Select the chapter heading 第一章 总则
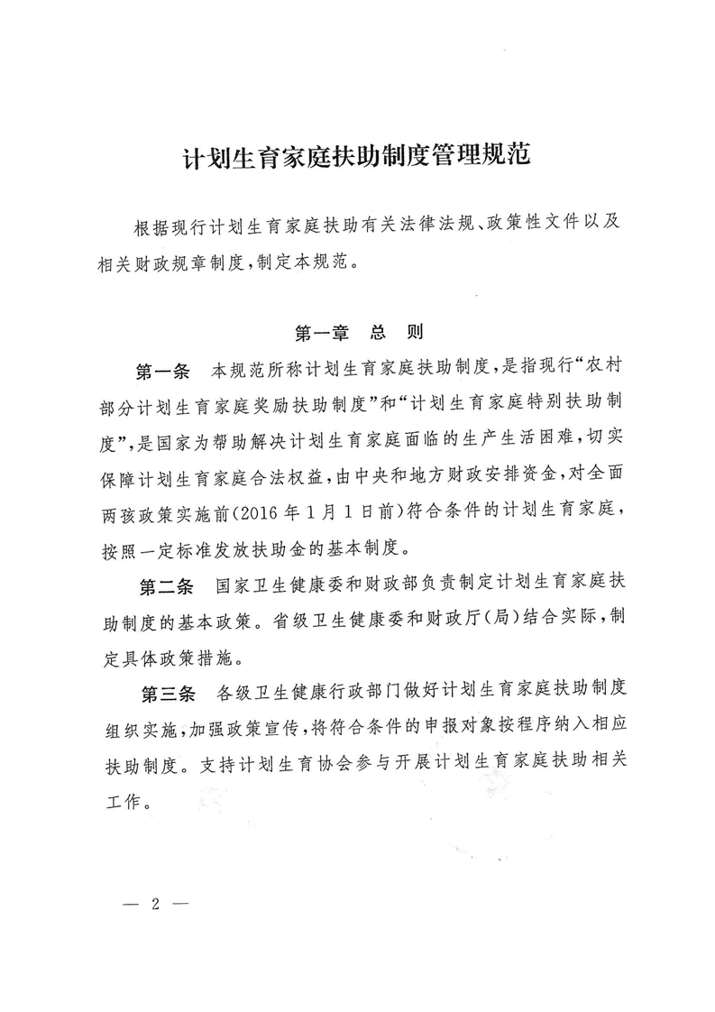click(x=359, y=333)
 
